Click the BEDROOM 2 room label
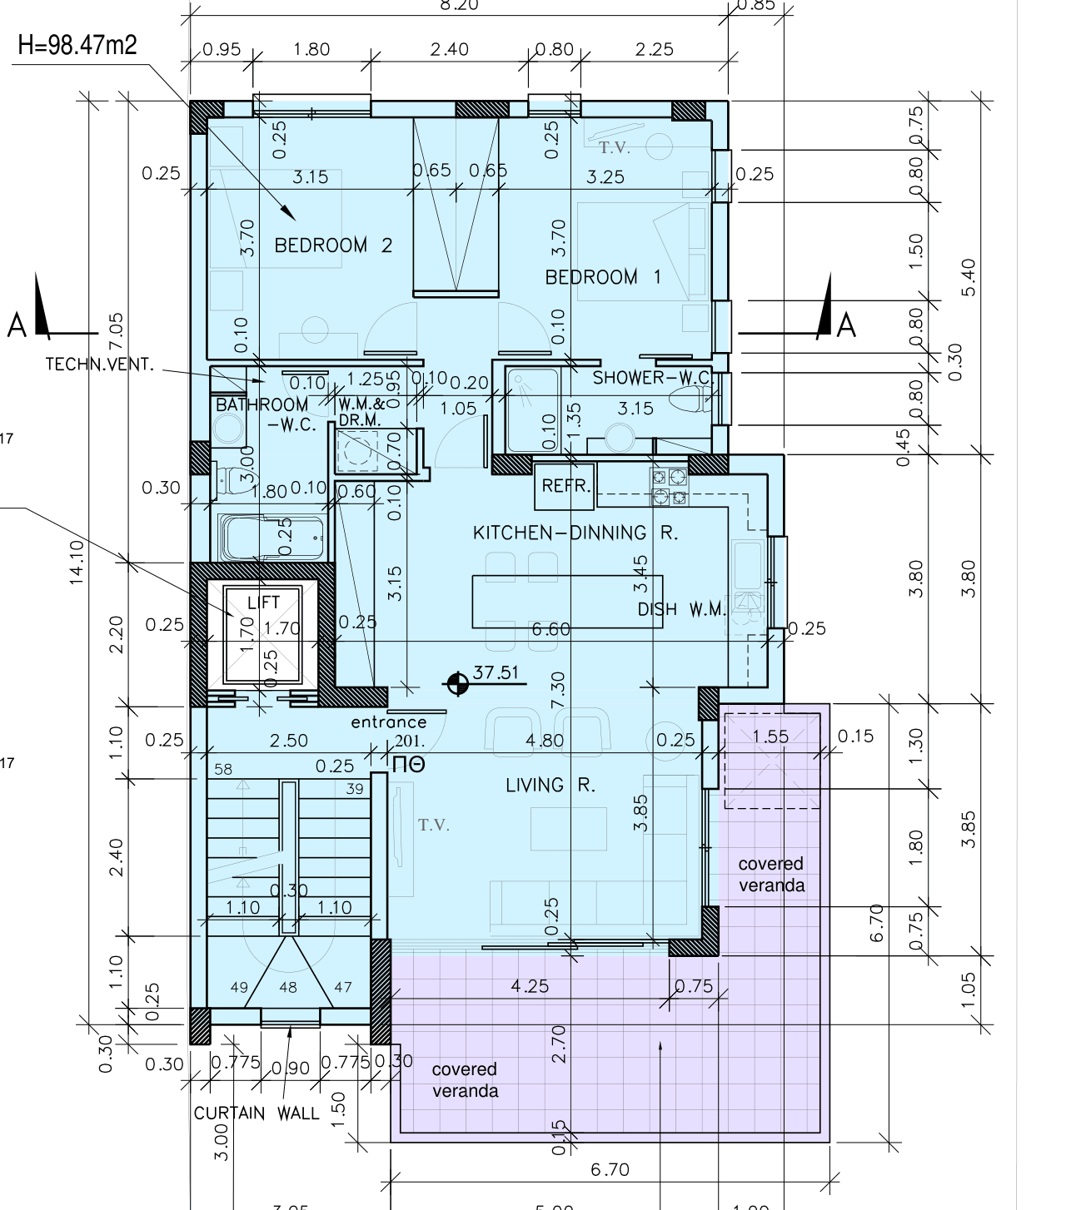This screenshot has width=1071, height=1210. click(333, 245)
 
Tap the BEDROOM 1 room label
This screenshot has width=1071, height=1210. click(603, 277)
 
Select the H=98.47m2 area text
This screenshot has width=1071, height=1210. click(77, 45)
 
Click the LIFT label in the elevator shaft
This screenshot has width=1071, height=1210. click(263, 603)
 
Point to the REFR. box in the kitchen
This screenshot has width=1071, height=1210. click(565, 486)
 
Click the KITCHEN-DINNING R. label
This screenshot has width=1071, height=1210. click(575, 533)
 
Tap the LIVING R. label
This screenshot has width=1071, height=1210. click(550, 785)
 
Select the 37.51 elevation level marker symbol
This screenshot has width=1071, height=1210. click(456, 684)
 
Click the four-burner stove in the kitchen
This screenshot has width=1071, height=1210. click(670, 488)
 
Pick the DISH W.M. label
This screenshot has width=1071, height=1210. click(682, 609)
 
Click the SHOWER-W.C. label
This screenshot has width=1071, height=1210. click(651, 378)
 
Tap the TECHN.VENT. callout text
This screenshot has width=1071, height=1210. click(100, 364)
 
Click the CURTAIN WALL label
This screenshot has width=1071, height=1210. click(257, 1113)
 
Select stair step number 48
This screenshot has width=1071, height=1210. click(288, 988)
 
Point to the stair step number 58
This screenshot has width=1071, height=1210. click(223, 770)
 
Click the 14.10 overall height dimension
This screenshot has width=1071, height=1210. click(77, 561)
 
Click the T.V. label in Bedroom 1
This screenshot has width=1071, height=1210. click(615, 149)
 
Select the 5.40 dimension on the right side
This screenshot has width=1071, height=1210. click(968, 276)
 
